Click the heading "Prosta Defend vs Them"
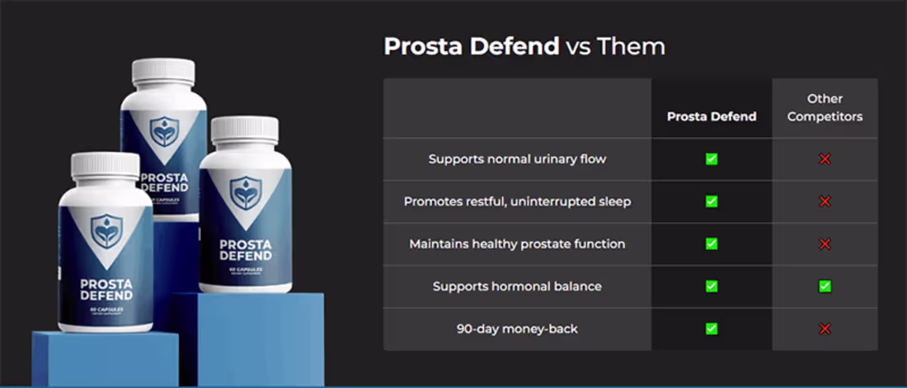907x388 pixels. [524, 46]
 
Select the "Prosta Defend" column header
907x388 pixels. [712, 116]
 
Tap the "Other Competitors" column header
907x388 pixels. [825, 108]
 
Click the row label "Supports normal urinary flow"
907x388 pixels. [517, 159]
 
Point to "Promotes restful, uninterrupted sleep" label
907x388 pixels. [517, 201]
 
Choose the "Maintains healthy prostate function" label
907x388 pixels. [517, 244]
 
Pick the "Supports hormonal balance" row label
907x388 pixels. [517, 286]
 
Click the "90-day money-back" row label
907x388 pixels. [517, 329]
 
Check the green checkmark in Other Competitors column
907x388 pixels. [825, 286]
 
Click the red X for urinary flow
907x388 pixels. [825, 159]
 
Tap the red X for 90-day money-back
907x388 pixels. [825, 329]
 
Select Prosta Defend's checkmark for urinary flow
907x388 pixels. [712, 159]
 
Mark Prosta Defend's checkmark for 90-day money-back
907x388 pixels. [712, 329]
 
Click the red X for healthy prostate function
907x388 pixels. [825, 244]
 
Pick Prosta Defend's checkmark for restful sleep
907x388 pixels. [712, 201]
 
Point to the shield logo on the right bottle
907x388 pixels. [245, 192]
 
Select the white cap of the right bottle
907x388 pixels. [245, 129]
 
